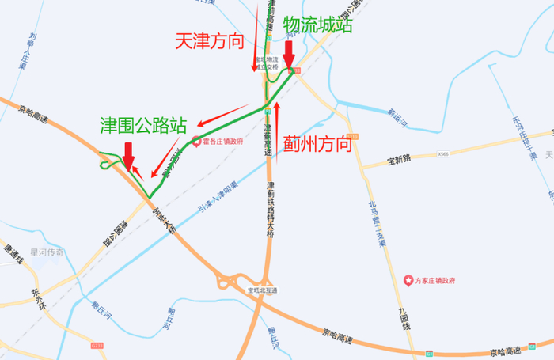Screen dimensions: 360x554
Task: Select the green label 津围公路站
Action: (143, 124)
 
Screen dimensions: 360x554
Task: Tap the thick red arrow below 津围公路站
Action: (127, 155)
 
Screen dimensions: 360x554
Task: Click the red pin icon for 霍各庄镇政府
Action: (195, 140)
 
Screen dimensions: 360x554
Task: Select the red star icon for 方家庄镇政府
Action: (408, 280)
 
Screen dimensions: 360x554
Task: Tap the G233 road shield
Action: (97, 345)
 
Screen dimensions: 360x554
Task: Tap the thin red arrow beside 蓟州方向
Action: (277, 123)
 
